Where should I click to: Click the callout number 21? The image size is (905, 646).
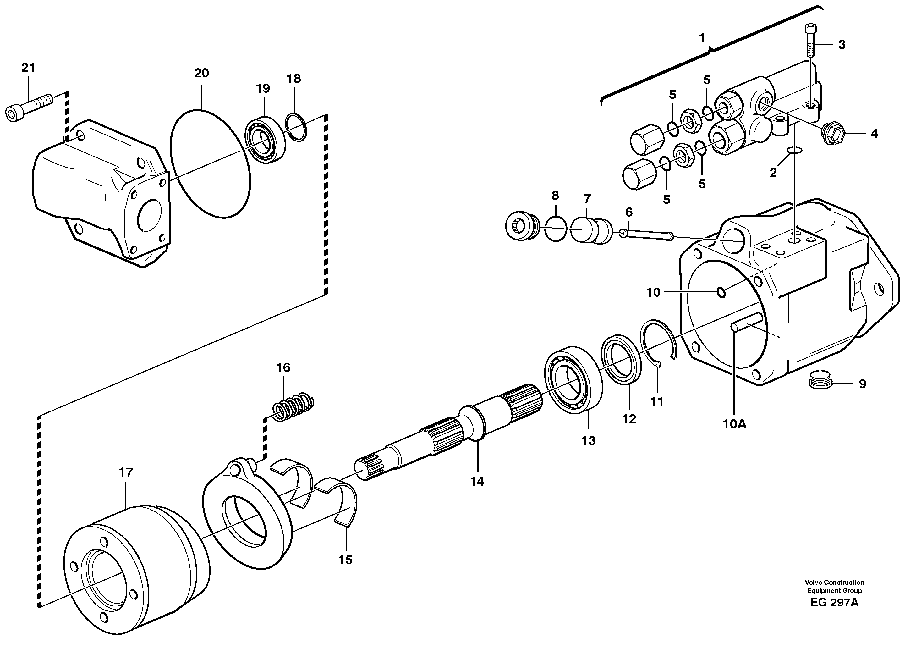coord(28,68)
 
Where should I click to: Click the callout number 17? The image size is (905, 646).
coord(126,472)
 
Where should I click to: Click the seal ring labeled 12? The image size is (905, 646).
coord(621,360)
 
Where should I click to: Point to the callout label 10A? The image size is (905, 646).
coord(734,424)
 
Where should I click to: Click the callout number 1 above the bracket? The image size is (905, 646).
coord(702,38)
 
